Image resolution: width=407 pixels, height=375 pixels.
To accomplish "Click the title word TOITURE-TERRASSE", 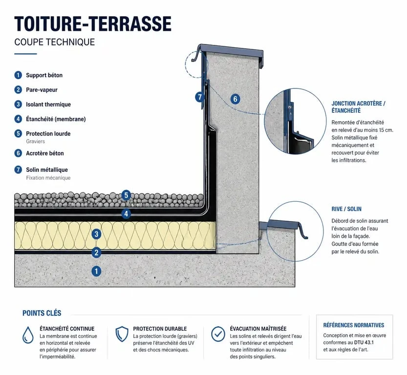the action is click(x=93, y=24).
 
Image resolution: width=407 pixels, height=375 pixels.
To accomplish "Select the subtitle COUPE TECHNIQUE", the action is click(x=55, y=42).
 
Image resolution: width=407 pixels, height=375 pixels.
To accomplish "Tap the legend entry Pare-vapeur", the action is click(x=42, y=90).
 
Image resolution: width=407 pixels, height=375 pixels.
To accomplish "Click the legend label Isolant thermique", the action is click(x=48, y=104).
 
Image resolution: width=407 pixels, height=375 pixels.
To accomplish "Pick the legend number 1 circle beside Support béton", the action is click(x=18, y=75).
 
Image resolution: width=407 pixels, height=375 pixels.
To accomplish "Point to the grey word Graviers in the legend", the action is click(x=35, y=141).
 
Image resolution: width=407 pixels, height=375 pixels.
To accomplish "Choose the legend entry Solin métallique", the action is click(x=47, y=169).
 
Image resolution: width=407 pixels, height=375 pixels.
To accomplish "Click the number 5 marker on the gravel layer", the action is click(x=126, y=195).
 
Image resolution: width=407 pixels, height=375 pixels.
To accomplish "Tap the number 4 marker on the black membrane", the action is click(x=126, y=214).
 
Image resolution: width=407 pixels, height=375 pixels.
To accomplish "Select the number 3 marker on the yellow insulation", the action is click(x=96, y=234).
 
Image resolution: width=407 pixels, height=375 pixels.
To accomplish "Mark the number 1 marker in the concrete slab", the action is click(x=96, y=271).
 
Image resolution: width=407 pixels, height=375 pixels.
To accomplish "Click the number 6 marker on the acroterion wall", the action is click(x=235, y=99).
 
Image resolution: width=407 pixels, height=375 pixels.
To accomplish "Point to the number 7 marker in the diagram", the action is click(x=200, y=97).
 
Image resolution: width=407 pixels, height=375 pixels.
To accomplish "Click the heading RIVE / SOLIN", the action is click(x=346, y=209).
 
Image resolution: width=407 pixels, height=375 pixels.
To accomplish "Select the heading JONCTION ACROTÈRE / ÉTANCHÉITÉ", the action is click(x=358, y=107).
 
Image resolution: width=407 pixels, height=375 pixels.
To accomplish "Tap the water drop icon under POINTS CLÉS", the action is click(x=28, y=335).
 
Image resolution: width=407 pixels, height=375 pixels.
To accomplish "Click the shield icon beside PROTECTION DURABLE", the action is click(x=122, y=334).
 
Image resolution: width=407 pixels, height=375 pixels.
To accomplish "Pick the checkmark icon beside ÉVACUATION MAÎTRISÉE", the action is click(x=218, y=334).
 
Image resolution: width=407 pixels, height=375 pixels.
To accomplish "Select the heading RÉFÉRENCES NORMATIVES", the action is click(x=354, y=325).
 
